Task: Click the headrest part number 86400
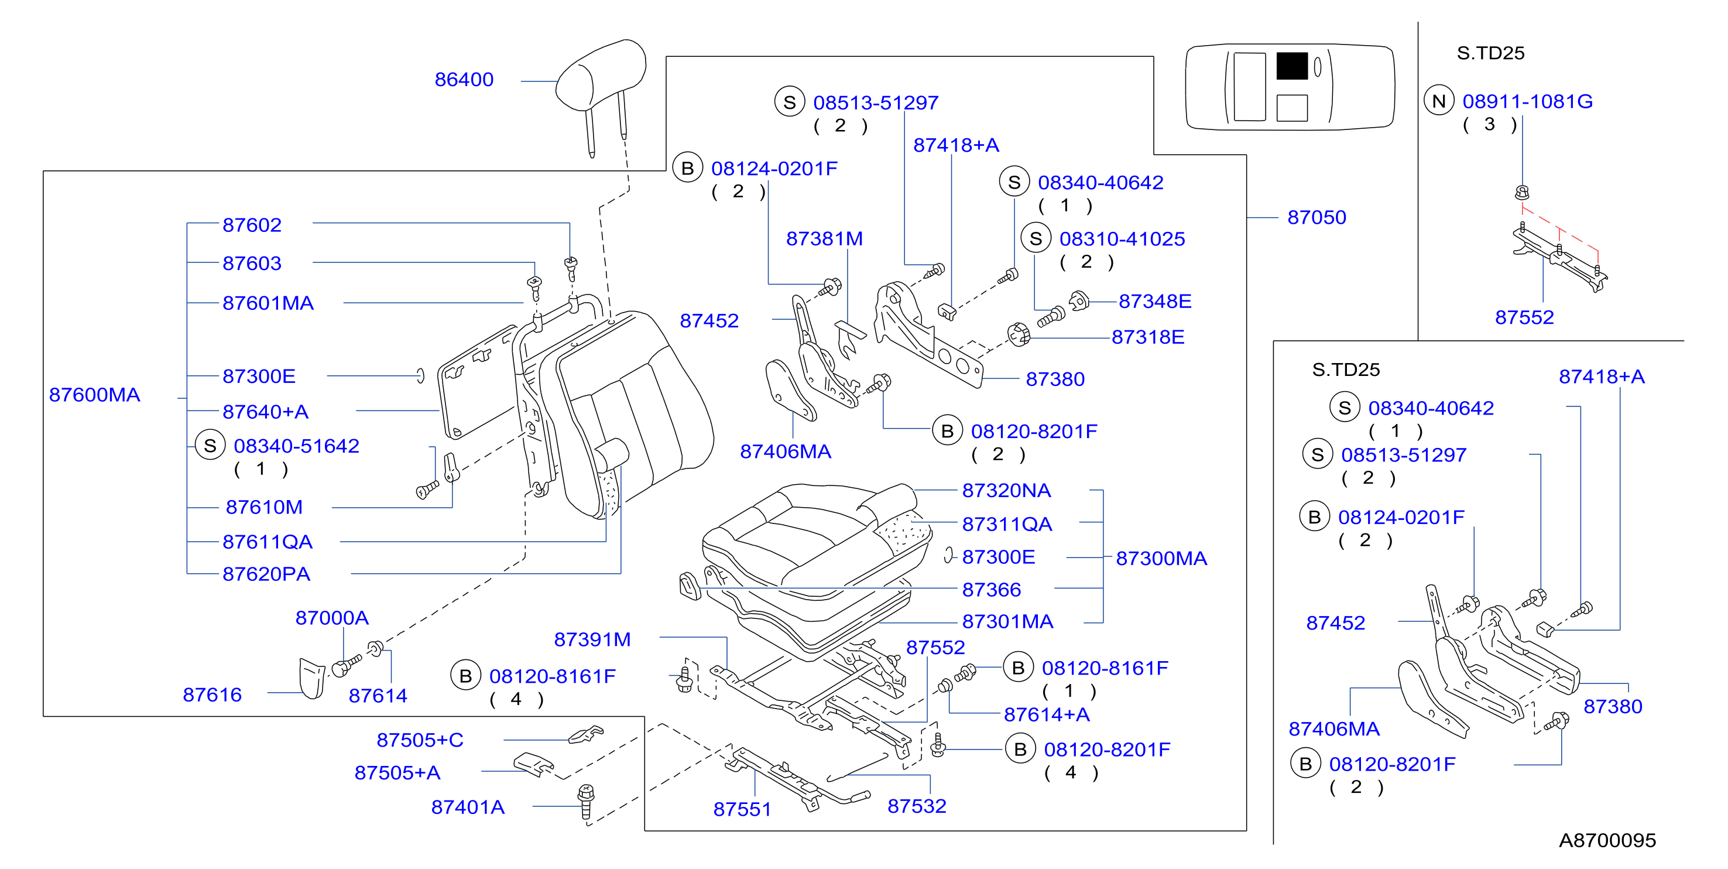coord(464,80)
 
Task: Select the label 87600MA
coord(95,395)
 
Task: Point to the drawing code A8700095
coord(1607,840)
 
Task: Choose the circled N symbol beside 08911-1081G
coord(1438,101)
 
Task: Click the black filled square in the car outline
coord(1291,66)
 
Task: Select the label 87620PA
coord(266,574)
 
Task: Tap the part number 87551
coord(742,809)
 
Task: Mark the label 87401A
coord(468,808)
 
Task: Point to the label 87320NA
coord(1006,491)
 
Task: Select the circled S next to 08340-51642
coord(210,446)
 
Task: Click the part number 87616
coord(212,695)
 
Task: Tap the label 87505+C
coord(420,740)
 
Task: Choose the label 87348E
coord(1154,302)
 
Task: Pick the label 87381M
coord(824,239)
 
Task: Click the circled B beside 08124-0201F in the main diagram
coord(688,169)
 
